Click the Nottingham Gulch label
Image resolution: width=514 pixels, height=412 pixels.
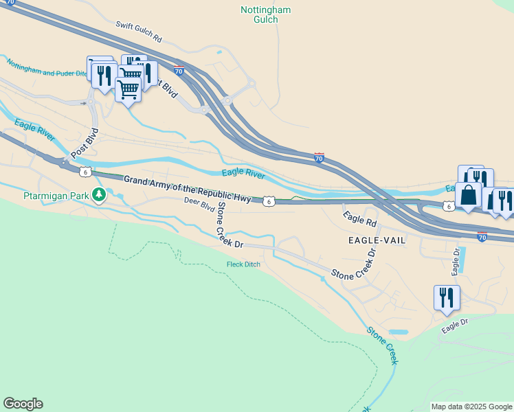265,14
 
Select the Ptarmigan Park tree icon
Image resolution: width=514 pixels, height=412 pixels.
100,196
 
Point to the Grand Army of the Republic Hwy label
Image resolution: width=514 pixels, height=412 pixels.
187,187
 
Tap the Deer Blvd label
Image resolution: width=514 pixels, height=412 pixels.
199,203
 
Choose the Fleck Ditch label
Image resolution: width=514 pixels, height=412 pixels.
243,264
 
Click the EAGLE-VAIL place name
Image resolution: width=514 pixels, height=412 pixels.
377,240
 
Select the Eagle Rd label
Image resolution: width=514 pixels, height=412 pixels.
361,219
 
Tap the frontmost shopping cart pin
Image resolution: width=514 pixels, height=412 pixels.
128,88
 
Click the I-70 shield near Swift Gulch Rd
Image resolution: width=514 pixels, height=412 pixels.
179,70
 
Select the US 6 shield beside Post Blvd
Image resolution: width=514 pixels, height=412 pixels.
84,171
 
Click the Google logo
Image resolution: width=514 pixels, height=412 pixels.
23,404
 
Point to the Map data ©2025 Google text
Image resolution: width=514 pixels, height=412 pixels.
471,407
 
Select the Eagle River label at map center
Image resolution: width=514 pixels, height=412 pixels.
243,175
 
